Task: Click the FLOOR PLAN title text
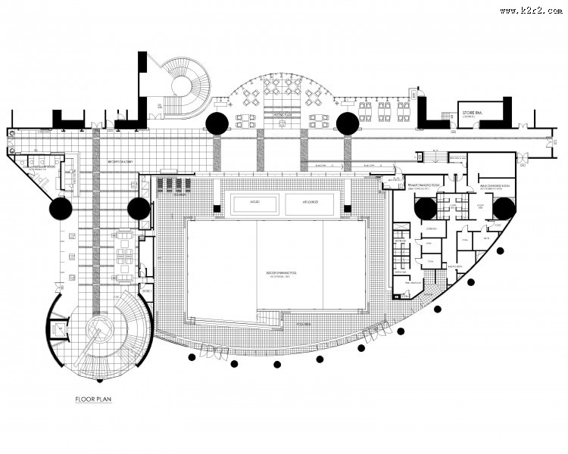(93, 399)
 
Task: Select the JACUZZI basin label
(251, 203)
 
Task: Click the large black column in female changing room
(425, 209)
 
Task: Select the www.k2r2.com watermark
(531, 10)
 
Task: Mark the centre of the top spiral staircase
(183, 86)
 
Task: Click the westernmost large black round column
(61, 209)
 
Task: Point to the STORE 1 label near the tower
(145, 291)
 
